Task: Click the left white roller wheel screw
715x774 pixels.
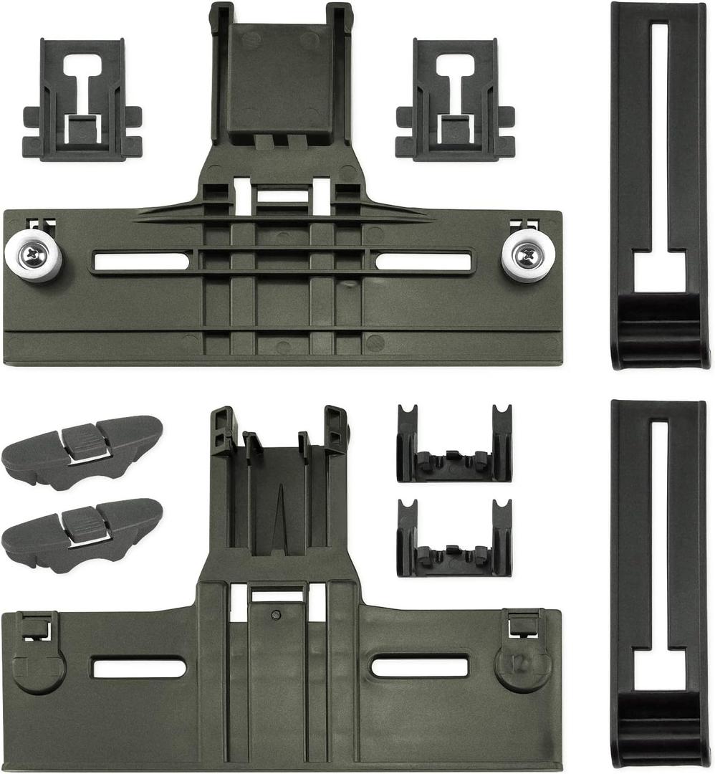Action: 32,253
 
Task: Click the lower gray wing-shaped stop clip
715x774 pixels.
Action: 82,535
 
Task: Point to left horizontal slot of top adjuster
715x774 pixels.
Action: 141,262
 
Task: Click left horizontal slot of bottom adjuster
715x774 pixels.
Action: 139,668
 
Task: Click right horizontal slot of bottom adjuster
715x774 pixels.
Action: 419,667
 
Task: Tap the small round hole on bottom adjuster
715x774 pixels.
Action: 274,614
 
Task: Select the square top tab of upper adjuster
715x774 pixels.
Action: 282,64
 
